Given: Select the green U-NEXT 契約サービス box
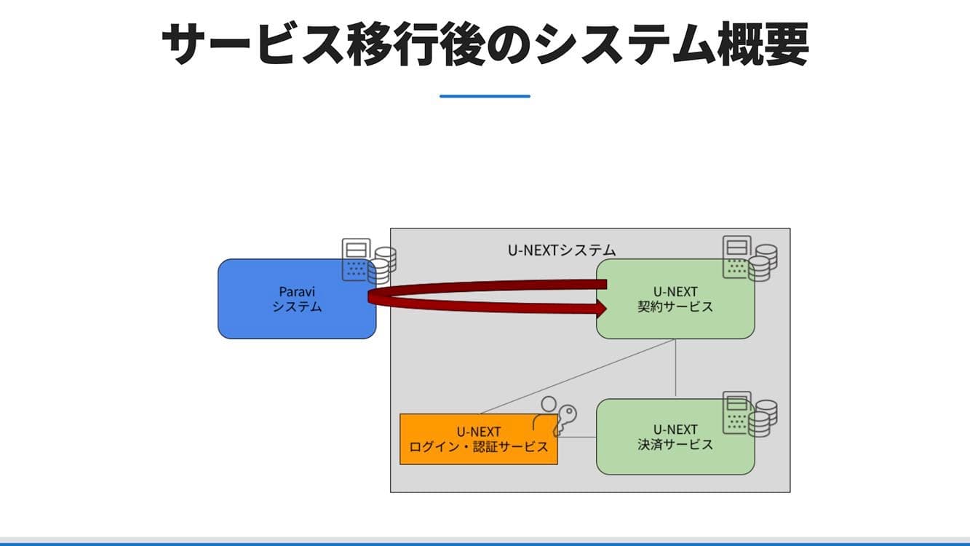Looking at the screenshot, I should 675,320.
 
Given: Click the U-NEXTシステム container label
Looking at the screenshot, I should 561,250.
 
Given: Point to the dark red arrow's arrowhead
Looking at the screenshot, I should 601,309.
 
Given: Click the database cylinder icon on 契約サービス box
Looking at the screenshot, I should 762,262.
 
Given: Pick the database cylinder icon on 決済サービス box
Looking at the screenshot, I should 762,418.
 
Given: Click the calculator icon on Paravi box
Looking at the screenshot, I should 357,259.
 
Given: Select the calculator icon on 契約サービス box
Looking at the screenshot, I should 736,256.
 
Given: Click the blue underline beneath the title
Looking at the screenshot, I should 485,96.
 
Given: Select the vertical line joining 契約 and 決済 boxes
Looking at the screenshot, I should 676,368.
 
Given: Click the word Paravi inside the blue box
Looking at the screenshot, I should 297,291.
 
